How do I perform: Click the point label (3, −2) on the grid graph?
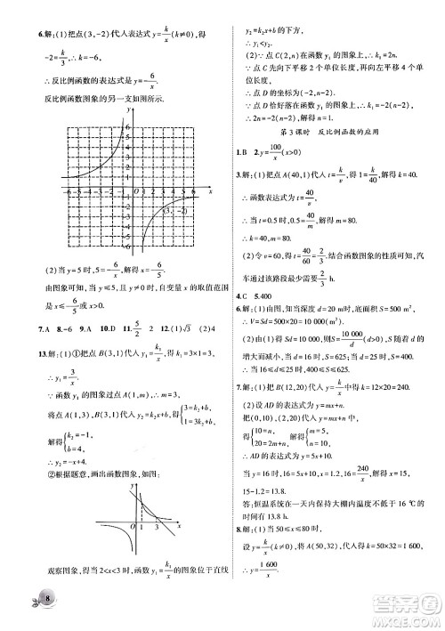click(161, 210)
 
